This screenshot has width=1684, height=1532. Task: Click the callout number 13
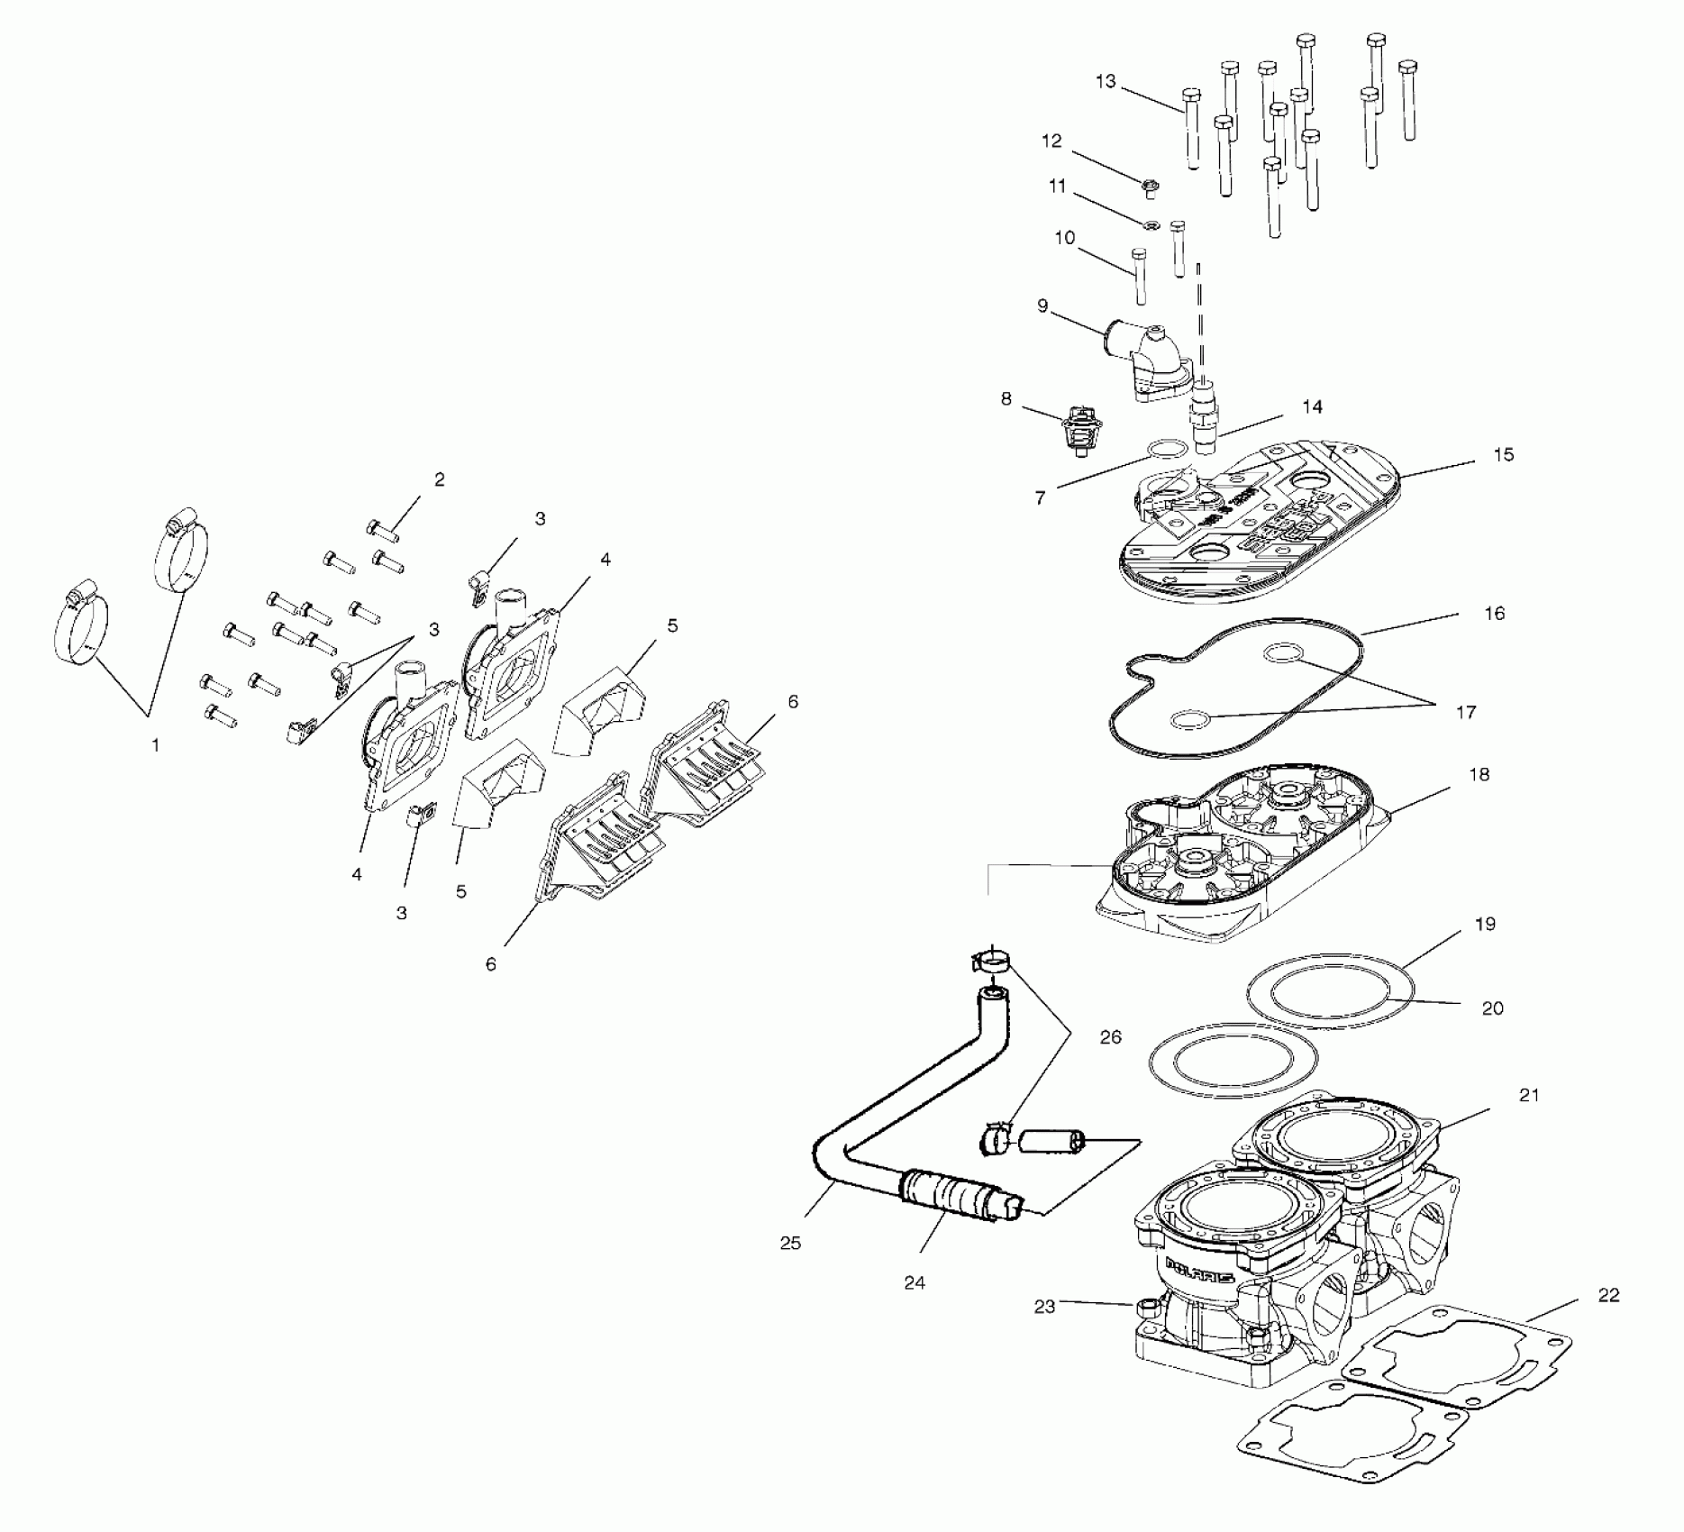coord(1106,82)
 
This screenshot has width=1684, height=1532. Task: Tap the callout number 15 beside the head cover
coord(1504,455)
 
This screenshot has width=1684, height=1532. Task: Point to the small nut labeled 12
coord(1150,187)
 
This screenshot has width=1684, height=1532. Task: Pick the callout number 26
coord(1110,1037)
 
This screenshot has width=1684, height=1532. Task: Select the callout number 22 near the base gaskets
coord(1608,1295)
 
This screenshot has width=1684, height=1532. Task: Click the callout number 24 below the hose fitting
coord(915,1282)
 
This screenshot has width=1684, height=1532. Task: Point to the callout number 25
coord(790,1244)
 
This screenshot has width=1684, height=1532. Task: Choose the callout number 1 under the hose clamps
coord(155,745)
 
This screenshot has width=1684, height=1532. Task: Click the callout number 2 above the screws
coord(439,479)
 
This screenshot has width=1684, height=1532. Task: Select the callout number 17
coord(1466,713)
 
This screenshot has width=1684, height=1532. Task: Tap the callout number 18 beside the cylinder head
coord(1479,774)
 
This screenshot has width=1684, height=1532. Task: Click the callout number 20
coord(1493,1008)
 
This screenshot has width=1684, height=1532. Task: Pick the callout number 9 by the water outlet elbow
coord(1042,305)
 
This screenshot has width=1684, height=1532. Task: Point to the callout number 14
coord(1313,407)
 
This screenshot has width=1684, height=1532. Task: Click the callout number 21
coord(1529,1095)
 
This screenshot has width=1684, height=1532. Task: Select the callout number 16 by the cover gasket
coord(1494,614)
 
